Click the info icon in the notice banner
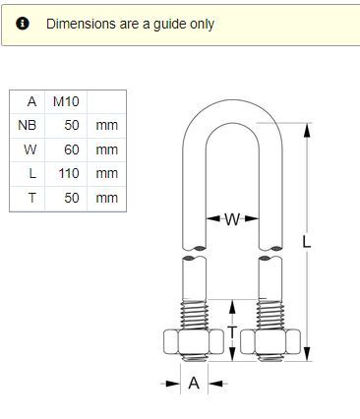23,24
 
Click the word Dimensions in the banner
81,24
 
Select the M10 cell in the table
66,101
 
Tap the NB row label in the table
27,125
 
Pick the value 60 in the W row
72,150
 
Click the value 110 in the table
69,173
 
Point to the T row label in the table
32,198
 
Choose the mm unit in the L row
106,174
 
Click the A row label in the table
31,101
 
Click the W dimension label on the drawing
232,219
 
